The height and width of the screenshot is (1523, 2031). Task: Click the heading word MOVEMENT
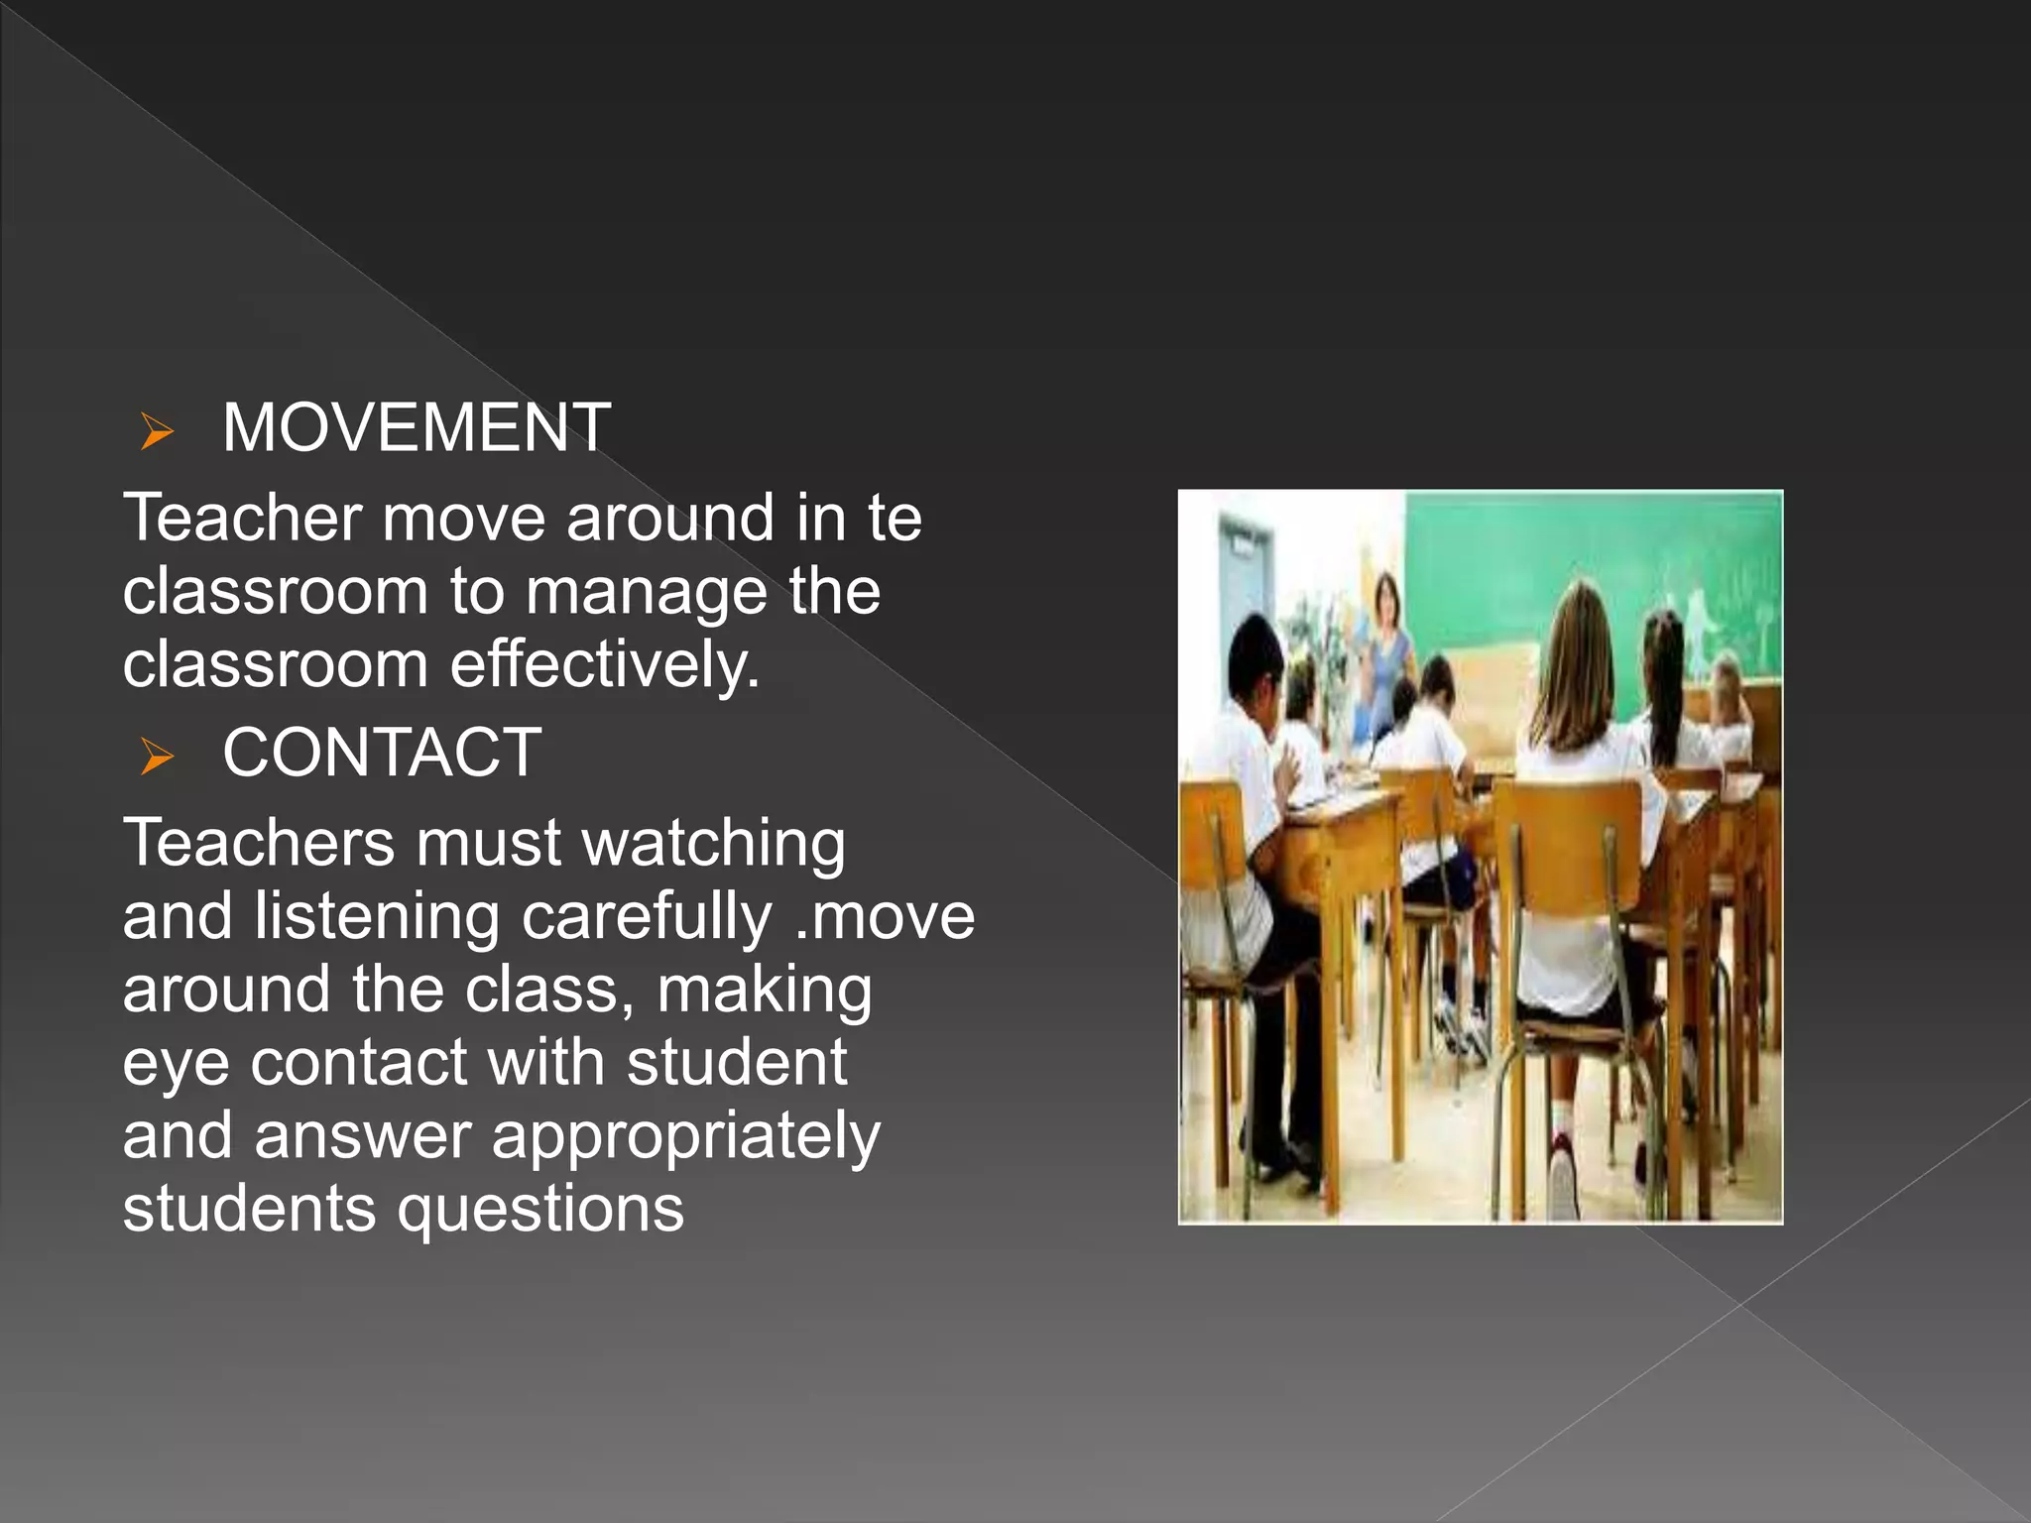[416, 428]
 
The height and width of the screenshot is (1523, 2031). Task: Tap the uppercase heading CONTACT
[382, 753]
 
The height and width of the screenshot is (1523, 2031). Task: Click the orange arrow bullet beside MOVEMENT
[157, 431]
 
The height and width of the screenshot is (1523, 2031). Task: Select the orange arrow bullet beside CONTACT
[157, 756]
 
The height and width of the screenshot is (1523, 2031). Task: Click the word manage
[647, 592]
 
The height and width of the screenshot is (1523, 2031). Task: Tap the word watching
[713, 844]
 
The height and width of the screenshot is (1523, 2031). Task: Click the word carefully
[647, 917]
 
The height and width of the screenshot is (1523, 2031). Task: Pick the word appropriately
[685, 1137]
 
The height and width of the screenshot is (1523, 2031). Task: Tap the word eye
[175, 1064]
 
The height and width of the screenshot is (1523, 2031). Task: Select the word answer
[363, 1136]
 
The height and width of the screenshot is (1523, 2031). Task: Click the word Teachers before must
[259, 844]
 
